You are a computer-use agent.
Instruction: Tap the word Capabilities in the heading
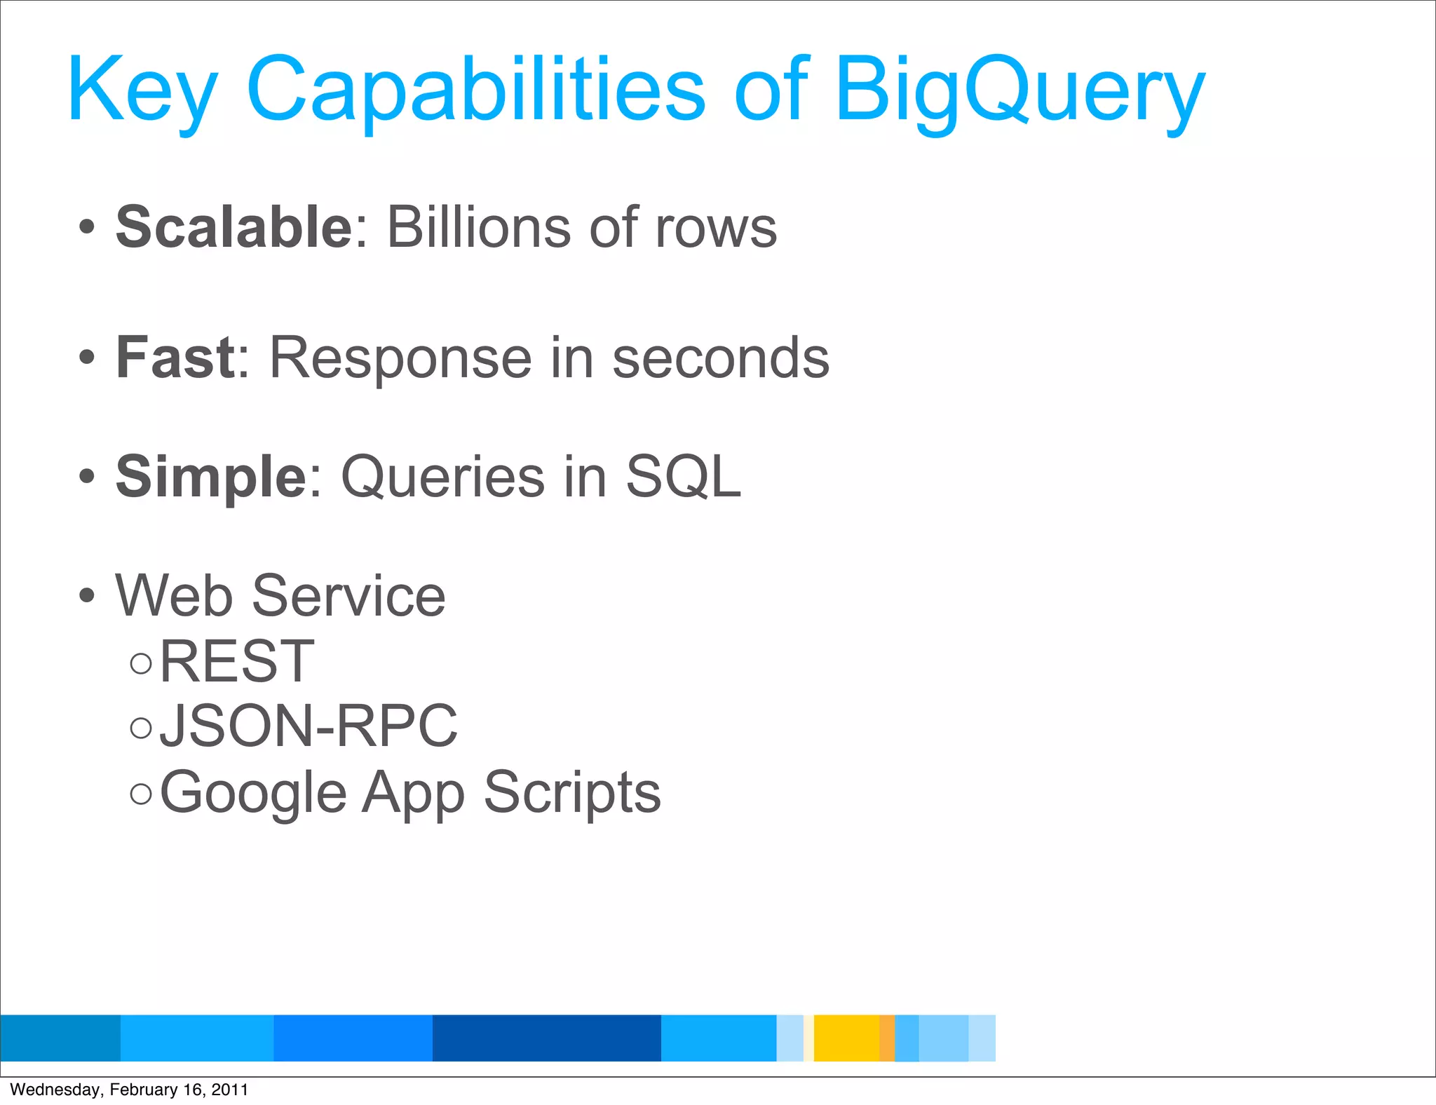(475, 91)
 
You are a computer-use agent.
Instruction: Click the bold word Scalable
(234, 227)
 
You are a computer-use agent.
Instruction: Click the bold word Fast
(175, 358)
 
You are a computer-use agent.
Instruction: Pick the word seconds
(720, 358)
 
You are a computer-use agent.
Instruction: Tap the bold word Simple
(210, 477)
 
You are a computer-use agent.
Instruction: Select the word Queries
(442, 477)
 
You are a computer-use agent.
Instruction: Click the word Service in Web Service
(348, 596)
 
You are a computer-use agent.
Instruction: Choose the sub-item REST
(237, 661)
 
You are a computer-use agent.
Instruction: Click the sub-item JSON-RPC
(309, 726)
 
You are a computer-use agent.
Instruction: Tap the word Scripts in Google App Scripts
(572, 792)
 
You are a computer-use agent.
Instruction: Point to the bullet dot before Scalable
(86, 227)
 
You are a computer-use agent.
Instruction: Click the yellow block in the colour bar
(846, 1038)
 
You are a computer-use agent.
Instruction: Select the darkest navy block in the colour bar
(546, 1038)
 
